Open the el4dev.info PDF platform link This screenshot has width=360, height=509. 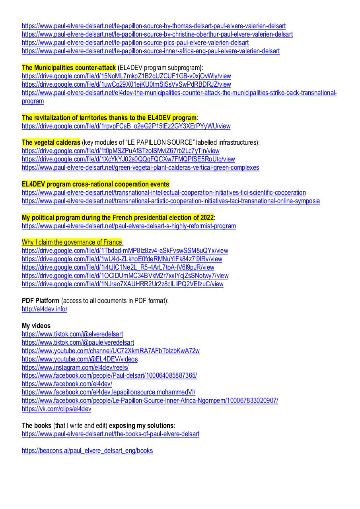45,309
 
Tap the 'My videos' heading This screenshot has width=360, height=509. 36,326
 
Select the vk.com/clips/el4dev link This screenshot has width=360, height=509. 56,409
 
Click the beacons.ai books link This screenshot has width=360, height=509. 87,451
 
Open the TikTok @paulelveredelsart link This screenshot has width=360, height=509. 78,342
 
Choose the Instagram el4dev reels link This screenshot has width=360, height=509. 75,367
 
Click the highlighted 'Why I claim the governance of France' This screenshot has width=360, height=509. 72,242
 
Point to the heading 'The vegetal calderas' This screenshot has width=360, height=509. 51,142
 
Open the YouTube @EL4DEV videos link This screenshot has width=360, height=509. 80,359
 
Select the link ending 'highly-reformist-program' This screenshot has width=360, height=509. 129,226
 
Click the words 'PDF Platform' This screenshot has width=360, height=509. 41,301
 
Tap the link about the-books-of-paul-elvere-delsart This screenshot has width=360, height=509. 111,434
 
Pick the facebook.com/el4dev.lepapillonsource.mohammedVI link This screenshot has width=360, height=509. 109,392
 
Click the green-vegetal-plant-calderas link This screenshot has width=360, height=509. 140,167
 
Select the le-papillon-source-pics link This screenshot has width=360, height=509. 135,43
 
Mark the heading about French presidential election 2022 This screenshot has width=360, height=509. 118,218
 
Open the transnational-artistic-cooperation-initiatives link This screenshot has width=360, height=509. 171,201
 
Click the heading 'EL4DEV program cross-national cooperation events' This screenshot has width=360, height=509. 95,184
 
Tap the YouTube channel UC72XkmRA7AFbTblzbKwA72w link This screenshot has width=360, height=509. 111,351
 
